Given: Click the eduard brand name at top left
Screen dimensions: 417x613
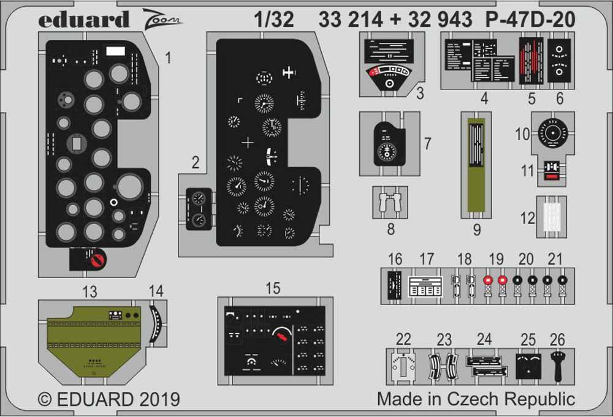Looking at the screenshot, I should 84,20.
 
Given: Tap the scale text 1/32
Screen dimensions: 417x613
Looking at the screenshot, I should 273,20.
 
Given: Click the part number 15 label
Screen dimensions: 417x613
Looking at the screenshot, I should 273,288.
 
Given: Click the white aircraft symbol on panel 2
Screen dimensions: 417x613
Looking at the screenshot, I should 288,73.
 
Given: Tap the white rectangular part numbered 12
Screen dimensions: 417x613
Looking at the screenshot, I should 552,217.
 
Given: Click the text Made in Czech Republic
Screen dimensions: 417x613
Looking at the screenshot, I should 476,399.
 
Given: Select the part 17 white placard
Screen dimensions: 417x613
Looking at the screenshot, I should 425,285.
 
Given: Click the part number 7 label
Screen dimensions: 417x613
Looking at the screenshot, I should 427,144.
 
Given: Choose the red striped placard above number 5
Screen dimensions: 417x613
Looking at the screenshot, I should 531,61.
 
